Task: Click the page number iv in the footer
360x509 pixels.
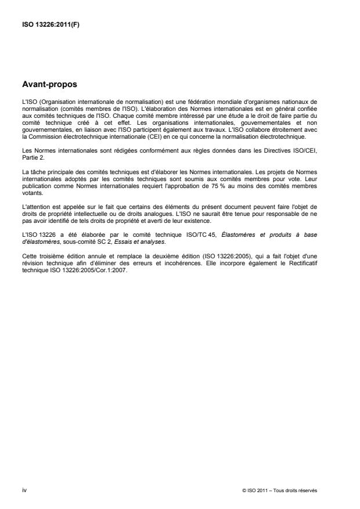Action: click(23, 490)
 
